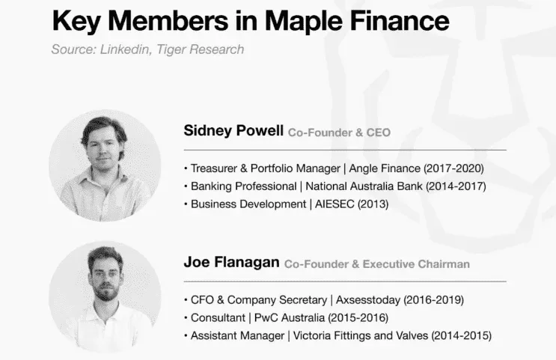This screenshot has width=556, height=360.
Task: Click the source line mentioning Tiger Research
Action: point(147,50)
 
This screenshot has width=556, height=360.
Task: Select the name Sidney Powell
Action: point(233,131)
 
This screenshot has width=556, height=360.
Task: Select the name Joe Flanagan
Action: point(231,263)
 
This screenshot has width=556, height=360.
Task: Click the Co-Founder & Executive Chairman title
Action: point(377,263)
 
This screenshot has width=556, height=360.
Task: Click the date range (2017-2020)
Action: point(454,168)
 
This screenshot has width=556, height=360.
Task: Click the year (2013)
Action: point(373,204)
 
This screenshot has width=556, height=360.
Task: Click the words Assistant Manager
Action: point(237,336)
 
